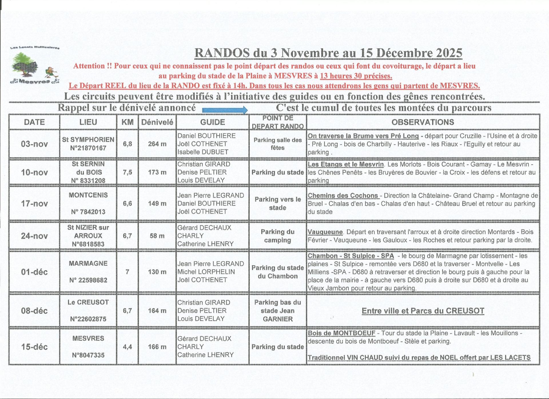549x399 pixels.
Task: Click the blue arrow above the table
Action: pyautogui.click(x=225, y=110)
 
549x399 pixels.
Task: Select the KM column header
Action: pyautogui.click(x=128, y=122)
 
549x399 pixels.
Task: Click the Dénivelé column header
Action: pyautogui.click(x=157, y=122)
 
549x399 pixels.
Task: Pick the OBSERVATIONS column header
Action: pyautogui.click(x=423, y=122)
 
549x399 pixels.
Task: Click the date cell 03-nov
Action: pyautogui.click(x=34, y=144)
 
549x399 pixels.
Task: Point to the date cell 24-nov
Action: pyautogui.click(x=34, y=236)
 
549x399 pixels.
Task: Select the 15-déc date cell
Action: pyautogui.click(x=34, y=347)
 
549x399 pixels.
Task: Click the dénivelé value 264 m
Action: pyautogui.click(x=157, y=144)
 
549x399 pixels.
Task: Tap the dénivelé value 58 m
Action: pyautogui.click(x=157, y=236)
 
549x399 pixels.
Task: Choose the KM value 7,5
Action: pyautogui.click(x=128, y=172)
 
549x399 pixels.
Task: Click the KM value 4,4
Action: pyautogui.click(x=128, y=347)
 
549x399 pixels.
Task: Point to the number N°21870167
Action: pyautogui.click(x=88, y=148)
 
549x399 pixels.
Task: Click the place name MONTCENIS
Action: pyautogui.click(x=88, y=195)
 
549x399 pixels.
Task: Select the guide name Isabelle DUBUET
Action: pyautogui.click(x=203, y=152)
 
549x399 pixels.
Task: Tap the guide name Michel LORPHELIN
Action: pyautogui.click(x=206, y=272)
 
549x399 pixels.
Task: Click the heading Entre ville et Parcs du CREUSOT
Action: pyautogui.click(x=423, y=311)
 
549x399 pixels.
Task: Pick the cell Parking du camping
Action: pyautogui.click(x=277, y=236)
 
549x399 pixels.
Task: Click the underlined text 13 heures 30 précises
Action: pyautogui.click(x=356, y=76)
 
